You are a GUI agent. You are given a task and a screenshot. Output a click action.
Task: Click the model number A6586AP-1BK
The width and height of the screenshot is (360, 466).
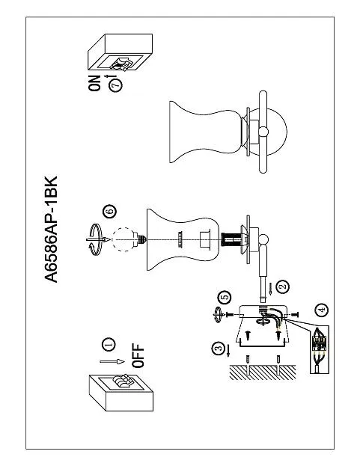[51, 229]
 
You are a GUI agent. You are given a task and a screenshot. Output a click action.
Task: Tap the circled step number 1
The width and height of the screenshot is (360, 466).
[109, 344]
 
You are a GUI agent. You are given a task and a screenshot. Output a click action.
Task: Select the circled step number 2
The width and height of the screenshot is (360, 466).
[283, 286]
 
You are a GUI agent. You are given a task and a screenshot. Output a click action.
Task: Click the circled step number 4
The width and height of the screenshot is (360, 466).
[322, 310]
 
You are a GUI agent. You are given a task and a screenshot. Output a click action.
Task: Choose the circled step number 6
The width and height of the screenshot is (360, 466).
[109, 212]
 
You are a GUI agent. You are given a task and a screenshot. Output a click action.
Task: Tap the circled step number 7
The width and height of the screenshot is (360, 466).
[116, 85]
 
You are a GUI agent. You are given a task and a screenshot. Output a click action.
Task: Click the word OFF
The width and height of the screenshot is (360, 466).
[138, 356]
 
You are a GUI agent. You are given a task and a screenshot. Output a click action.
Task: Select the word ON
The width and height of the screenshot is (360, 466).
[95, 83]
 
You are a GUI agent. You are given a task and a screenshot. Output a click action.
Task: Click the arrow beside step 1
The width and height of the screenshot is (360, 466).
[112, 361]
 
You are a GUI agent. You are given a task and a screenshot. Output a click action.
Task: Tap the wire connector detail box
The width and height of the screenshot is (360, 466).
[320, 349]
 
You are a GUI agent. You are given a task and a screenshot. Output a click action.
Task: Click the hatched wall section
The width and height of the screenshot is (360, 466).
[263, 373]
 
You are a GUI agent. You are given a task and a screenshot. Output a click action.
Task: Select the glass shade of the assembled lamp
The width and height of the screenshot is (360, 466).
[206, 132]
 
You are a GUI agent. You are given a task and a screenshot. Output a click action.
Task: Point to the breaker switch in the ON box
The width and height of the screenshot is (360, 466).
[122, 64]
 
